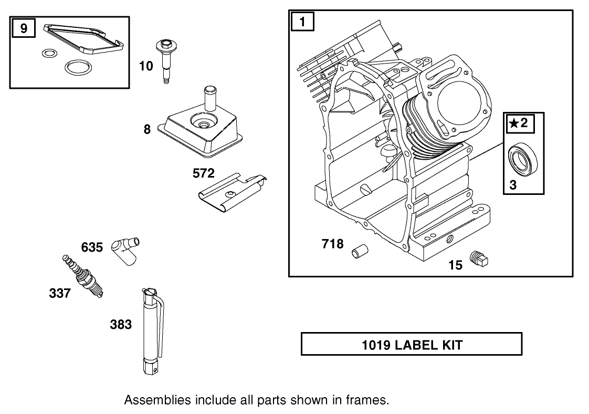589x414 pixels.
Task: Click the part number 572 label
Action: click(204, 173)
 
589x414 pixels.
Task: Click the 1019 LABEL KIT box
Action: click(411, 345)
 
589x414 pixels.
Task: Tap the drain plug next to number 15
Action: click(480, 258)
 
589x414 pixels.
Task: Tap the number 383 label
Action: click(121, 325)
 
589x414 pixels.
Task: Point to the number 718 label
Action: click(332, 244)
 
